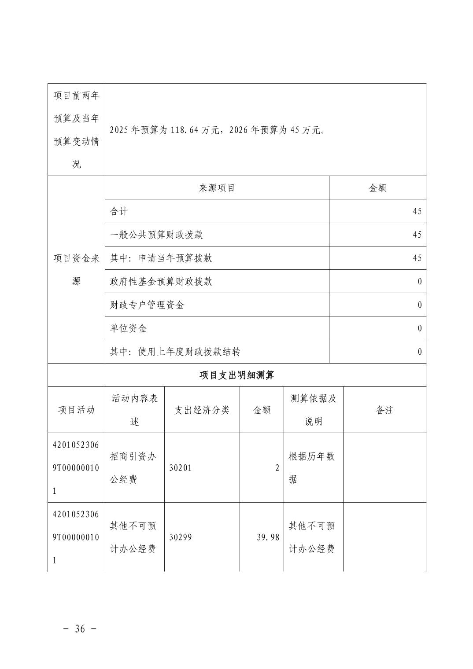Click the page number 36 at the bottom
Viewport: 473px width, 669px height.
pyautogui.click(x=80, y=629)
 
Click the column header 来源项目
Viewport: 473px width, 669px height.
pyautogui.click(x=217, y=188)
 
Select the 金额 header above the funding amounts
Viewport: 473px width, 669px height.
pyautogui.click(x=377, y=188)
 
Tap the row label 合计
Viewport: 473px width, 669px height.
pyautogui.click(x=119, y=211)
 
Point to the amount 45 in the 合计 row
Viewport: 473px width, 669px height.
pyautogui.click(x=417, y=211)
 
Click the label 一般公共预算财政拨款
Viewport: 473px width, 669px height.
pyautogui.click(x=156, y=235)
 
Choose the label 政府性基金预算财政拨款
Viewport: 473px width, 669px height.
pyautogui.click(x=161, y=281)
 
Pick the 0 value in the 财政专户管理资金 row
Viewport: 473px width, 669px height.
pyautogui.click(x=419, y=305)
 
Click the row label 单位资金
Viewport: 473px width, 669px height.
pyautogui.click(x=128, y=328)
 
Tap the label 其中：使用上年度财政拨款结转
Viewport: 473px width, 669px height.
pyautogui.click(x=175, y=352)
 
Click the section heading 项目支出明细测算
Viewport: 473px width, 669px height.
pyautogui.click(x=236, y=375)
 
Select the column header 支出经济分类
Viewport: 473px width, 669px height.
pyautogui.click(x=202, y=410)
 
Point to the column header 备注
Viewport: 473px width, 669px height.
pyautogui.click(x=384, y=410)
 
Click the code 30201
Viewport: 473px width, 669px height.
pyautogui.click(x=181, y=468)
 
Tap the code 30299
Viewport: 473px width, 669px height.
pyautogui.click(x=181, y=537)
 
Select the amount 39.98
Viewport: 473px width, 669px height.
pyautogui.click(x=268, y=537)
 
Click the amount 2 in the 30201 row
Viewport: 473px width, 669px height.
pyautogui.click(x=277, y=468)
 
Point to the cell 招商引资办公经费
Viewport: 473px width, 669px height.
pyautogui.click(x=133, y=468)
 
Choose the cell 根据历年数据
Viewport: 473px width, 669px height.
pyautogui.click(x=312, y=468)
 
